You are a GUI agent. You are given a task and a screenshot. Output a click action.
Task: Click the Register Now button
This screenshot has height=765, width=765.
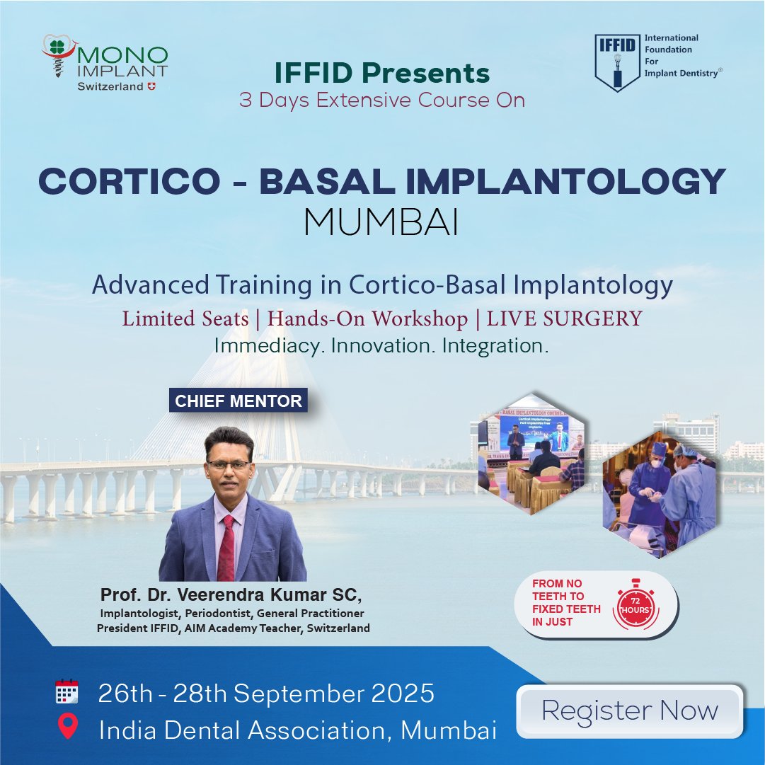point(629,711)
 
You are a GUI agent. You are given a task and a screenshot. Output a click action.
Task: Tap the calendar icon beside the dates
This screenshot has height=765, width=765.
point(67,692)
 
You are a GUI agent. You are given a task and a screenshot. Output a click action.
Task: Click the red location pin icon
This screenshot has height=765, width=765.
point(67,727)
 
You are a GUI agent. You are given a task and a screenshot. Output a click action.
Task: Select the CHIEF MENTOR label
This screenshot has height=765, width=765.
point(238,401)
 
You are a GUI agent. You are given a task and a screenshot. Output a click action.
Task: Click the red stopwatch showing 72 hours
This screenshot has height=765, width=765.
point(635,606)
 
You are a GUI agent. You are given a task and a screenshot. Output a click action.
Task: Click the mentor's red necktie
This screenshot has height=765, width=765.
point(227,548)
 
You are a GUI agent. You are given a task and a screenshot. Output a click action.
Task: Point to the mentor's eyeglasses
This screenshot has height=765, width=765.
point(229,465)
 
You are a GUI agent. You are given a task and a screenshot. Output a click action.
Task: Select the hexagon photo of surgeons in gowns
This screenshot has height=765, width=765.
point(660,494)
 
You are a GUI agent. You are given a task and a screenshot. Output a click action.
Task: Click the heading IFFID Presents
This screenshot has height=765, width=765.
point(382,74)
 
